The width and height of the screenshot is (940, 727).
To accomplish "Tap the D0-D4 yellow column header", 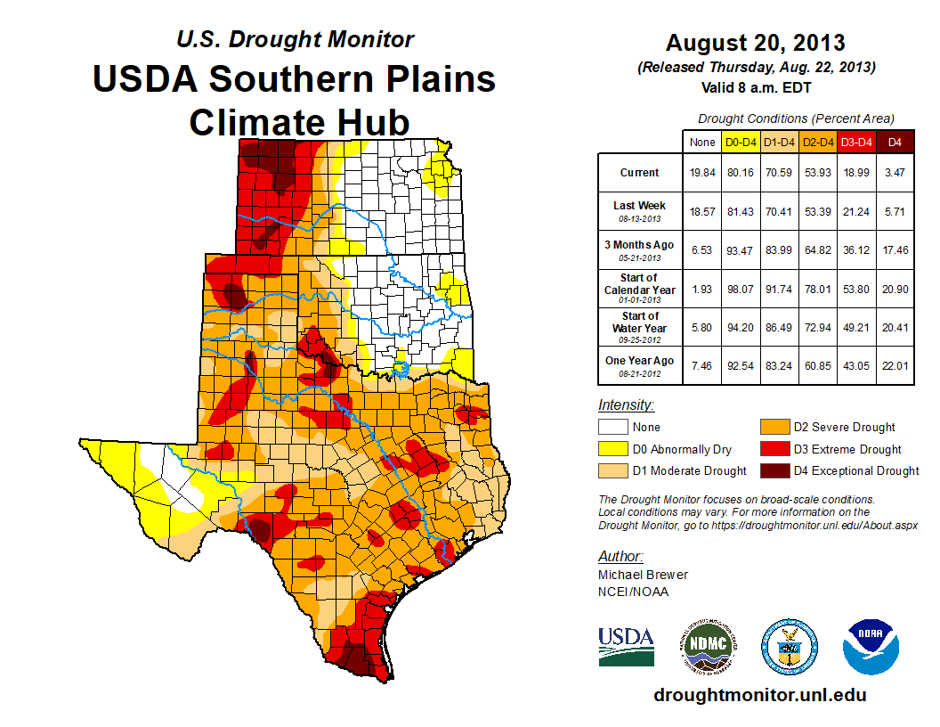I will (741, 142).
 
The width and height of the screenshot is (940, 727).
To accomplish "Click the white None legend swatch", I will (613, 428).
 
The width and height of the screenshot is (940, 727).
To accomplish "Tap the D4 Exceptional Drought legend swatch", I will (774, 471).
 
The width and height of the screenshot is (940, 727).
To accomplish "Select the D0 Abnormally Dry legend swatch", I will (613, 450).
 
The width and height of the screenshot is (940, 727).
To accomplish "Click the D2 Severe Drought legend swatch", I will (774, 428).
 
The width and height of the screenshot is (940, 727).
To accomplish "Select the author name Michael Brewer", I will (643, 575).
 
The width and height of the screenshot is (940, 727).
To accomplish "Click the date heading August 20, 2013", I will (755, 43).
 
